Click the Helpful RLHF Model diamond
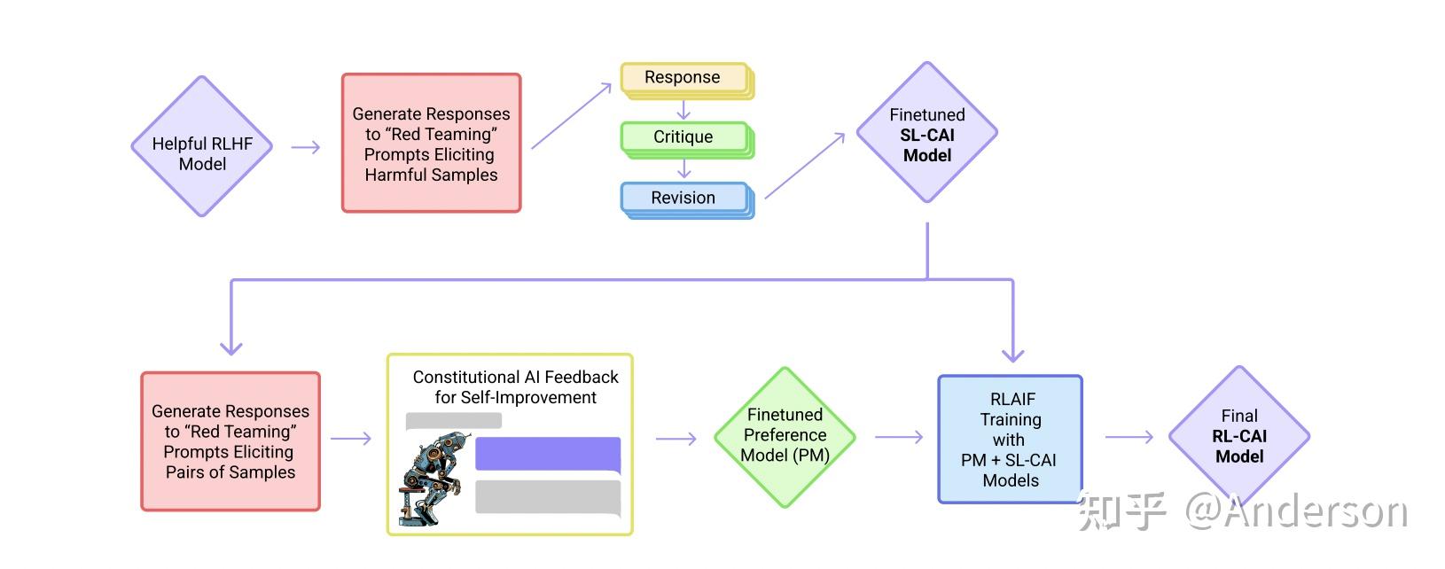click(x=202, y=147)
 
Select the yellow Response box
click(x=683, y=78)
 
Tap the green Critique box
click(x=683, y=137)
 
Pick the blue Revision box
click(x=683, y=198)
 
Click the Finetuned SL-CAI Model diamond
click(x=927, y=133)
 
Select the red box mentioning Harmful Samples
click(x=431, y=144)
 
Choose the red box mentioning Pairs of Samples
click(x=230, y=441)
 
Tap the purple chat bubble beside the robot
click(x=547, y=455)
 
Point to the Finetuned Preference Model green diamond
click(x=785, y=436)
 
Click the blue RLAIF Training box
click(x=1011, y=440)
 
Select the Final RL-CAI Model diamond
click(x=1238, y=436)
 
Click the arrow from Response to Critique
click(x=683, y=111)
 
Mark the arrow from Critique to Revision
click(x=683, y=168)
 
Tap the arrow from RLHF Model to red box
click(x=306, y=147)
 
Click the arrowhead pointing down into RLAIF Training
click(x=1012, y=355)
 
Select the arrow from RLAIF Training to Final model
click(x=1129, y=436)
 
